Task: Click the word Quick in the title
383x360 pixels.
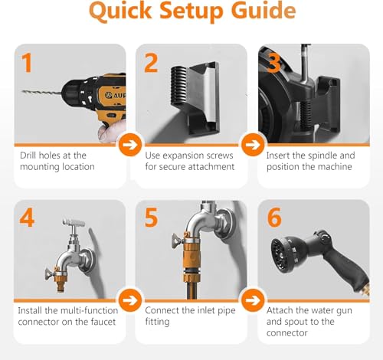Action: click(120, 11)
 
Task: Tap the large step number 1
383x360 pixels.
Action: click(27, 63)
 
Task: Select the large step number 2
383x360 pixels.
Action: click(151, 63)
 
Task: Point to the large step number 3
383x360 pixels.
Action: click(273, 63)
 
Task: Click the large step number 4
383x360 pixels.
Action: click(27, 218)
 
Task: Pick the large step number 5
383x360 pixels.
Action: click(151, 218)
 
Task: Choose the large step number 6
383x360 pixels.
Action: click(274, 218)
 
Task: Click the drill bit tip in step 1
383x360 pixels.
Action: click(22, 91)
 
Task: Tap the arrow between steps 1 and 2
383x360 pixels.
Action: click(130, 145)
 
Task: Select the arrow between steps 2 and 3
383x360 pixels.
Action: click(253, 145)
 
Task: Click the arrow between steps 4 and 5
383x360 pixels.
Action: click(130, 300)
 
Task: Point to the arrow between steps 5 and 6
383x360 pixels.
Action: click(253, 300)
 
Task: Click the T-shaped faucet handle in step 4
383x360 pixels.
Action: click(74, 223)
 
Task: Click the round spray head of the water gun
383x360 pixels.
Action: click(282, 254)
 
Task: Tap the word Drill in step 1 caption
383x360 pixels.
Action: click(27, 155)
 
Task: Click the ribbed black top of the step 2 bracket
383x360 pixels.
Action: click(180, 86)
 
